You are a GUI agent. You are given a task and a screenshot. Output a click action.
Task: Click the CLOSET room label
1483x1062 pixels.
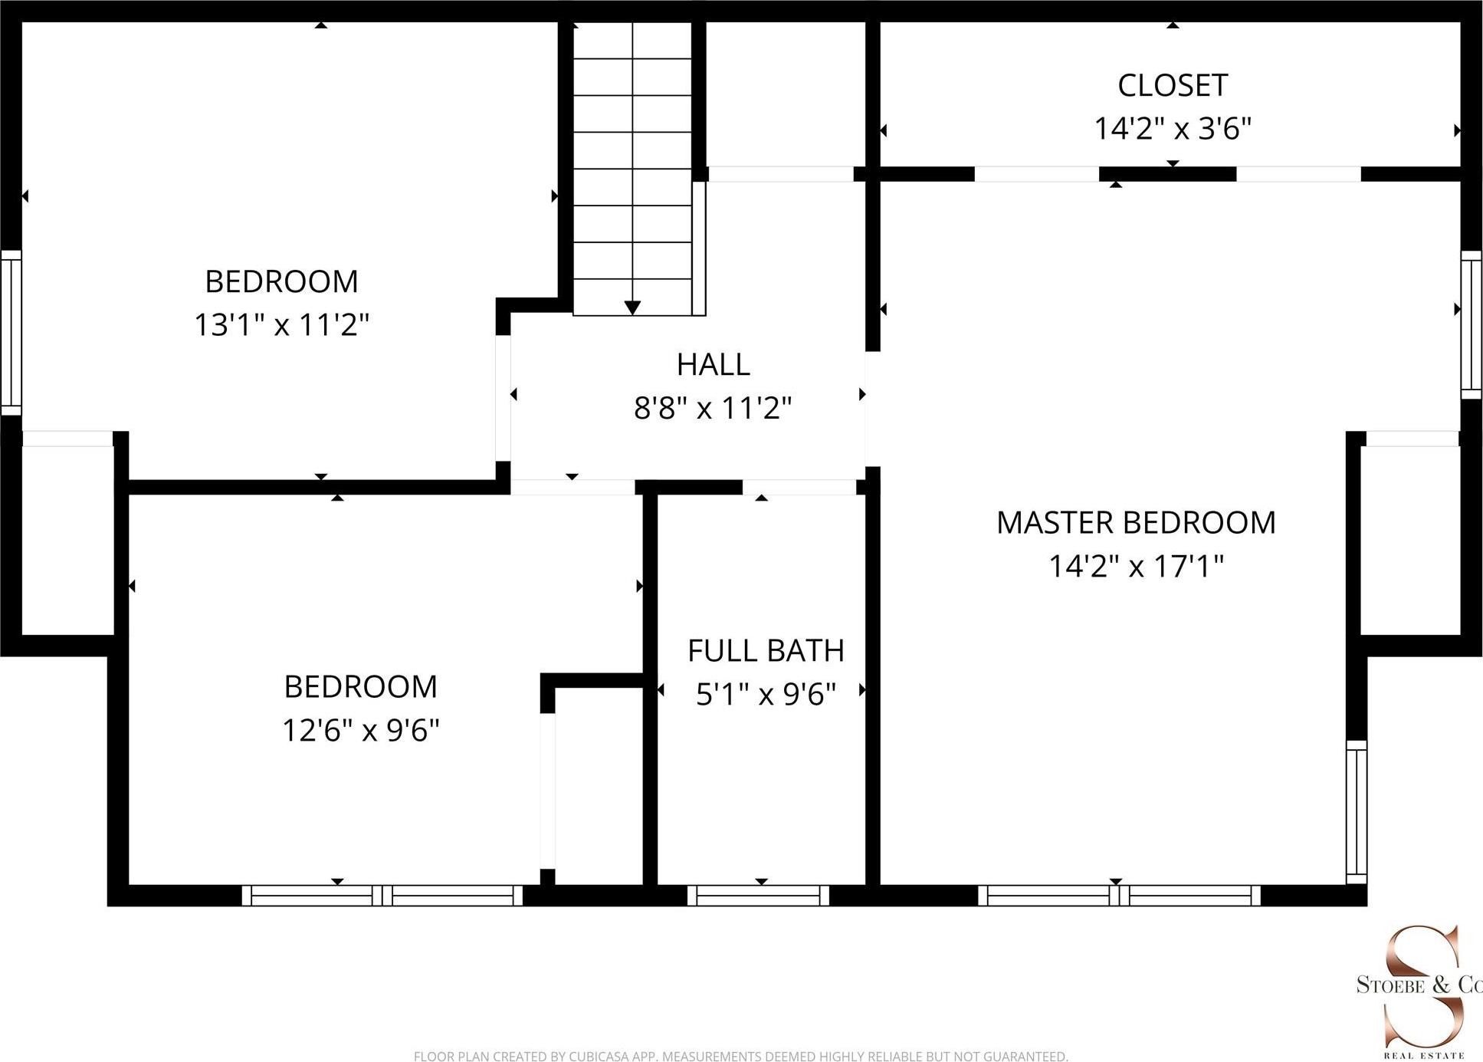1172,85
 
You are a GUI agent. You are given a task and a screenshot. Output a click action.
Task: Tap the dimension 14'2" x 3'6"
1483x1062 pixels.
1172,128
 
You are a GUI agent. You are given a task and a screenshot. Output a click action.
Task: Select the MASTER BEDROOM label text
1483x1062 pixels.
1135,522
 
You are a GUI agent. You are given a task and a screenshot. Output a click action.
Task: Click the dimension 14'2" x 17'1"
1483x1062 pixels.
1135,566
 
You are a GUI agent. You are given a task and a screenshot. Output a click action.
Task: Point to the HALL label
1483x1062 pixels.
713,364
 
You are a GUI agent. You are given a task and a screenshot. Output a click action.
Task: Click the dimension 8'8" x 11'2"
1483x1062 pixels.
712,407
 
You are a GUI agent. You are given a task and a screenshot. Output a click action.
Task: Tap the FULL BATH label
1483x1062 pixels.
765,650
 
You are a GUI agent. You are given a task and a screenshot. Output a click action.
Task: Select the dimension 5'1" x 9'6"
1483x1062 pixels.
765,694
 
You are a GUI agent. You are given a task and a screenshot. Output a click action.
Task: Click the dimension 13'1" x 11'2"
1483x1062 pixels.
281,324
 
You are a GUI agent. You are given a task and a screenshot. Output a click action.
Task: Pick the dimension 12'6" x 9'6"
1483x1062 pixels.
360,729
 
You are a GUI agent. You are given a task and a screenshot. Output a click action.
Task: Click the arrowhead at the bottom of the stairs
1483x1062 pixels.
632,307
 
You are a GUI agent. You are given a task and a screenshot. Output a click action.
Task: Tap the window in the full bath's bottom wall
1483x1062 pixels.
758,895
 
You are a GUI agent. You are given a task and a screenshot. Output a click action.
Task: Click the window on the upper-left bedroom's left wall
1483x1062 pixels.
10,333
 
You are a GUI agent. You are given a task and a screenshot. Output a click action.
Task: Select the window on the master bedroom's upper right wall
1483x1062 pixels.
1471,325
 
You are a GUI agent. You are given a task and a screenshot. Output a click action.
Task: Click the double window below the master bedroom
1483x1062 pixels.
1119,895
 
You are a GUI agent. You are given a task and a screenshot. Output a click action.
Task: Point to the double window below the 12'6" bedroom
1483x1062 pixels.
382,895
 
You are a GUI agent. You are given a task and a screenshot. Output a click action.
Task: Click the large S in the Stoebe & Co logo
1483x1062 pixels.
1422,985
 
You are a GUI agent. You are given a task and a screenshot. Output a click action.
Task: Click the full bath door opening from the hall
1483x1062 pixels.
799,487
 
